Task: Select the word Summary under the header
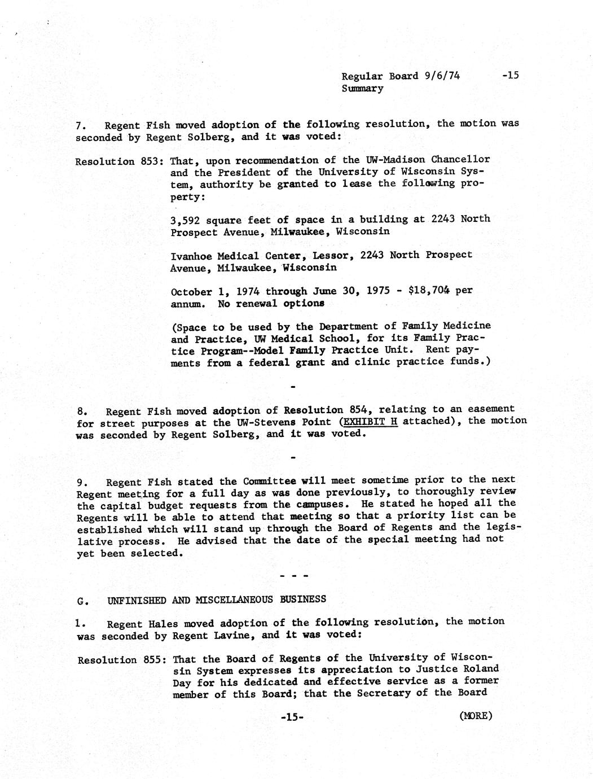[362, 89]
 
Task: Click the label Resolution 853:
[119, 161]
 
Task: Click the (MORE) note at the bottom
[476, 716]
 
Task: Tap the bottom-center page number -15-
[292, 717]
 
